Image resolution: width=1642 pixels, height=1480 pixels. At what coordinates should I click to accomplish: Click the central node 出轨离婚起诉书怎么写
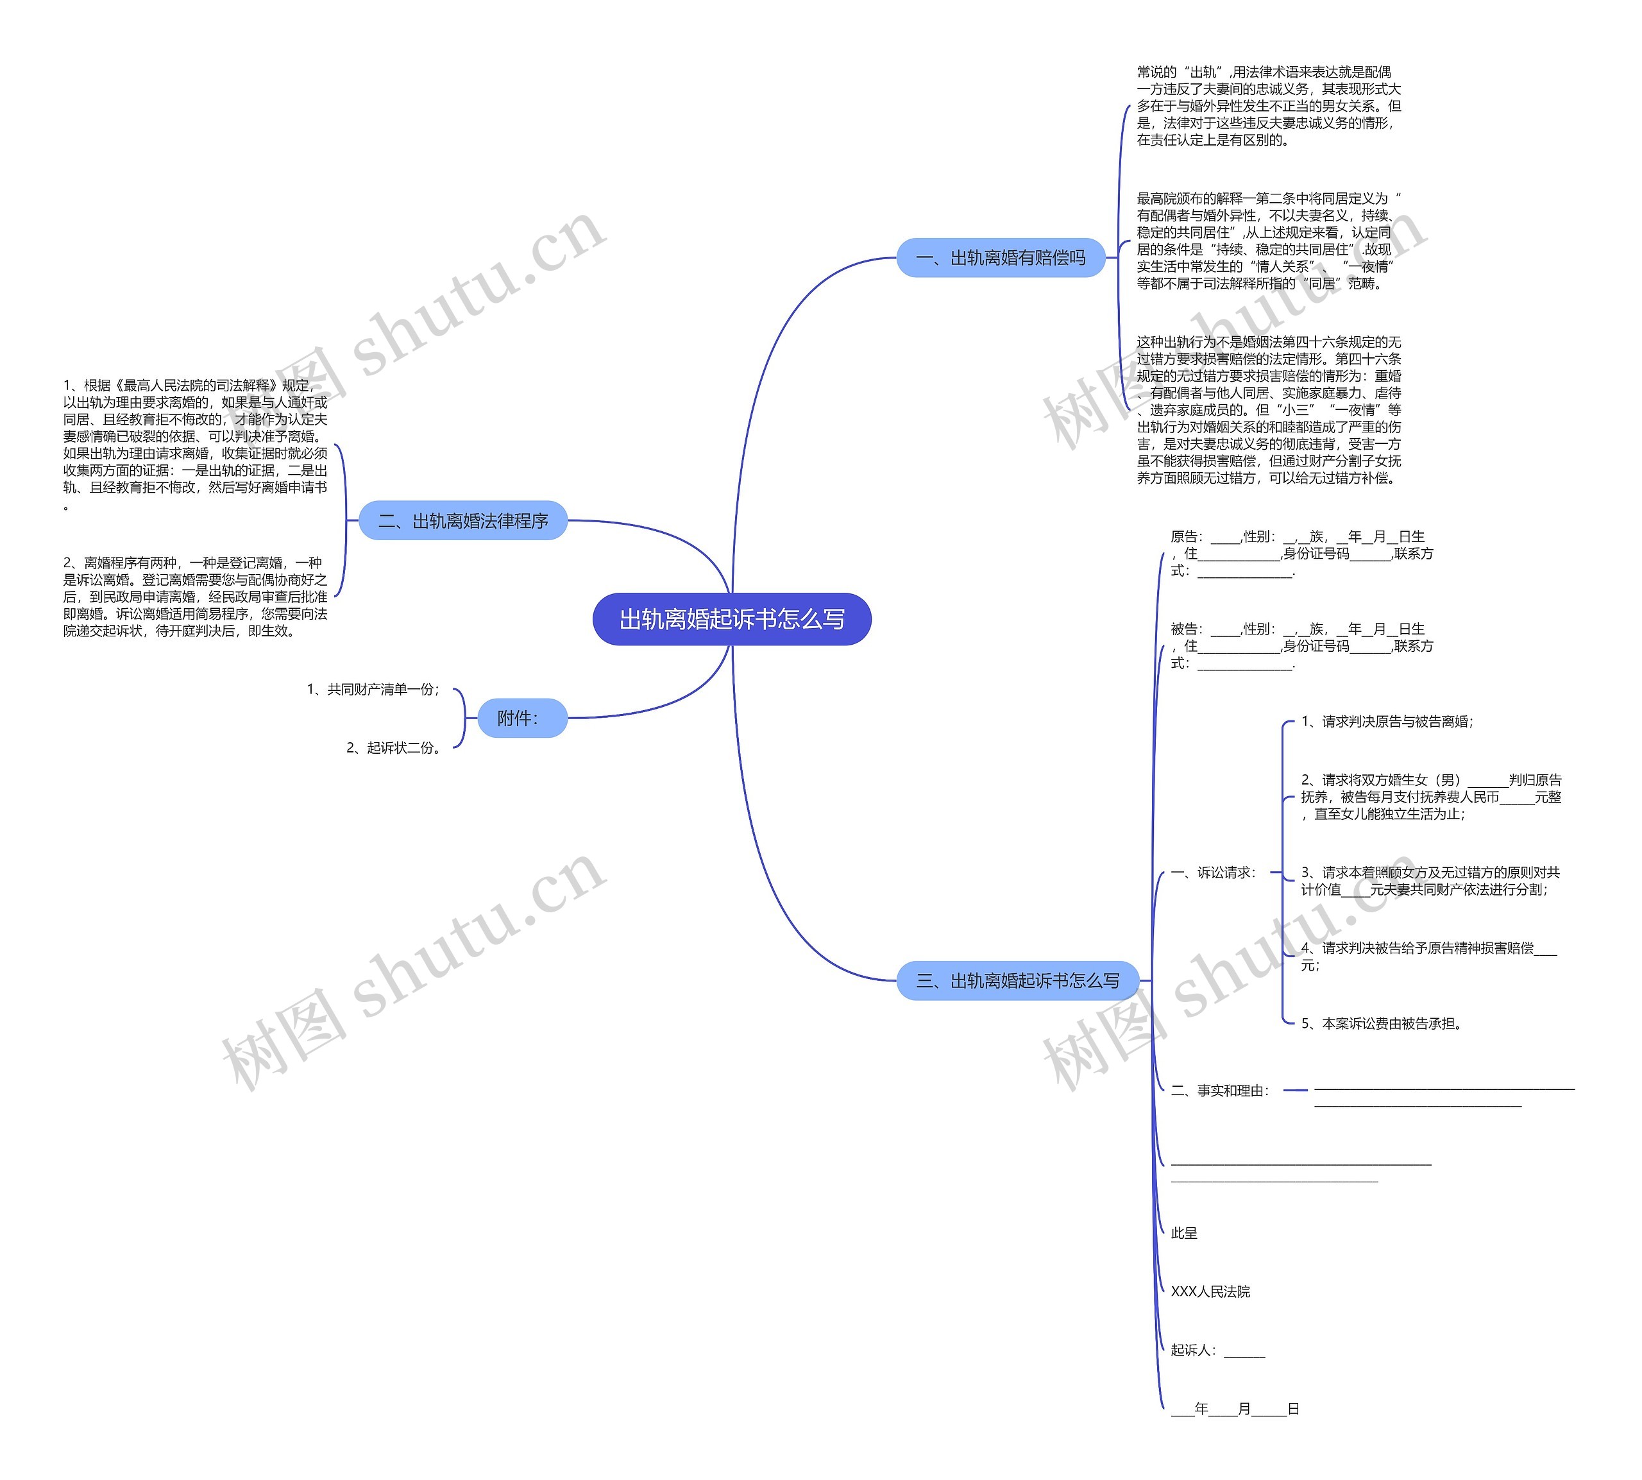pyautogui.click(x=732, y=619)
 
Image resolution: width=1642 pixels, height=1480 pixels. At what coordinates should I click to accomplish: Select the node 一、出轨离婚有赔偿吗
pyautogui.click(x=1000, y=258)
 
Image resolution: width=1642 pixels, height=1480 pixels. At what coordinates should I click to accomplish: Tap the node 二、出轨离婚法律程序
pyautogui.click(x=462, y=520)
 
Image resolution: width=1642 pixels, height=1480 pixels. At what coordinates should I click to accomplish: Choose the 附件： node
pyautogui.click(x=521, y=718)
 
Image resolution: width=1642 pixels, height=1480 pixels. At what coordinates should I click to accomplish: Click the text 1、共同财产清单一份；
pyautogui.click(x=373, y=690)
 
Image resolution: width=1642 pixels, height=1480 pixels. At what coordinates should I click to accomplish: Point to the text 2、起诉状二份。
pyautogui.click(x=395, y=747)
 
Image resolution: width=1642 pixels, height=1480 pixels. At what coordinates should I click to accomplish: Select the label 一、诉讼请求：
pyautogui.click(x=1214, y=872)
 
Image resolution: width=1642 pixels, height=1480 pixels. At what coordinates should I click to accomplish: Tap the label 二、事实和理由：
pyautogui.click(x=1220, y=1091)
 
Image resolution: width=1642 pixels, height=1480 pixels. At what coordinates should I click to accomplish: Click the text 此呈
pyautogui.click(x=1183, y=1233)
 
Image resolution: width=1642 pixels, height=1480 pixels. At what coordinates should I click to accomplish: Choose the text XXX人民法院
pyautogui.click(x=1210, y=1291)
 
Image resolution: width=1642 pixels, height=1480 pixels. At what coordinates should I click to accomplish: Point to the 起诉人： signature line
pyautogui.click(x=1217, y=1350)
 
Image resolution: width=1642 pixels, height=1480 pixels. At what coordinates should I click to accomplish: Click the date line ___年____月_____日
pyautogui.click(x=1234, y=1408)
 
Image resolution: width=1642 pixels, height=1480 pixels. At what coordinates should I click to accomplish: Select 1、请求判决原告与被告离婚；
pyautogui.click(x=1387, y=721)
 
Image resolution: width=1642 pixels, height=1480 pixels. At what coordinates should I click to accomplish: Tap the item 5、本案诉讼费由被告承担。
pyautogui.click(x=1382, y=1023)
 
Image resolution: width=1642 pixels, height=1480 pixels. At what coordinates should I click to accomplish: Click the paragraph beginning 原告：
pyautogui.click(x=1301, y=554)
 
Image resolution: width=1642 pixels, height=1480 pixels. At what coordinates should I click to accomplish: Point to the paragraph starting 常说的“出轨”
pyautogui.click(x=1268, y=106)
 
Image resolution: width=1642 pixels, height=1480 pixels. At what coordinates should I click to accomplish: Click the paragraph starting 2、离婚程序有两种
pyautogui.click(x=195, y=596)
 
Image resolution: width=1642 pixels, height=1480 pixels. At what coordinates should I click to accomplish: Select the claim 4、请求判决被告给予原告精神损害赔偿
pyautogui.click(x=1428, y=957)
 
